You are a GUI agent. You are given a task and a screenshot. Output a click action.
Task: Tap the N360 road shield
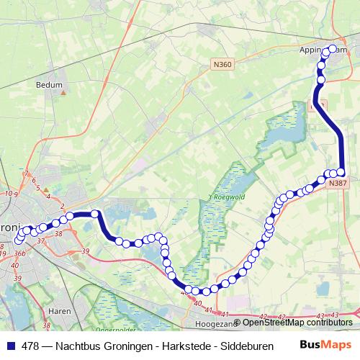click(x=222, y=65)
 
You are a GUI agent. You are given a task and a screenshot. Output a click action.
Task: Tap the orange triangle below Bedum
click(x=62, y=92)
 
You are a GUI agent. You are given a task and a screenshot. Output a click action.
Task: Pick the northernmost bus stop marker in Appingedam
click(x=333, y=49)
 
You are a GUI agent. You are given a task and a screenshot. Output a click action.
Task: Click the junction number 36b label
click(x=19, y=253)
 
